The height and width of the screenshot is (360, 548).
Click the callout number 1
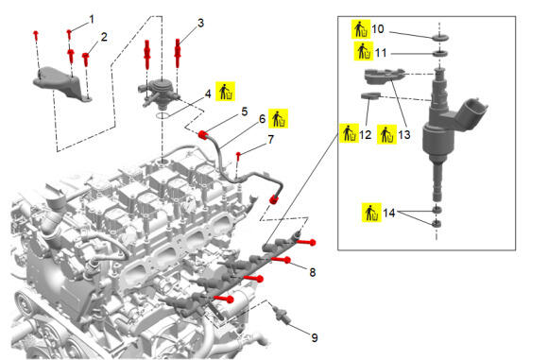[x=92, y=19]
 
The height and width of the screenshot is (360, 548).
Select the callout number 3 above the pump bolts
[x=200, y=23]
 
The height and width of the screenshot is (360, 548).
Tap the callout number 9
[x=315, y=337]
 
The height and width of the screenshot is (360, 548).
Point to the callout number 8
[x=313, y=272]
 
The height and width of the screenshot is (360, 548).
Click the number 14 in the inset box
[x=389, y=213]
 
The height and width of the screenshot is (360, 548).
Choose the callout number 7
[x=271, y=140]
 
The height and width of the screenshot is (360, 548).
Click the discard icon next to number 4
[x=226, y=92]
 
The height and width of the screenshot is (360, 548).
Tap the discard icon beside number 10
[x=361, y=29]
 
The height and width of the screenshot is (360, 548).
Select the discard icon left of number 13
[x=386, y=134]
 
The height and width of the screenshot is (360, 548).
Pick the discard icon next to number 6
[x=278, y=118]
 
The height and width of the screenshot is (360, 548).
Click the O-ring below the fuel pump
[x=163, y=115]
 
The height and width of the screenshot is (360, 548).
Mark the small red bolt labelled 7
[x=238, y=156]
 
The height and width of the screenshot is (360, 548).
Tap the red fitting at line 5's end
[x=203, y=134]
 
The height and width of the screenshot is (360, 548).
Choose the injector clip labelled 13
[x=383, y=77]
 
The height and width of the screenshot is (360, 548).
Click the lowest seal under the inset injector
[x=437, y=224]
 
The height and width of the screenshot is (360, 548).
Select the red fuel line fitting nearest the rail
[x=273, y=200]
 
